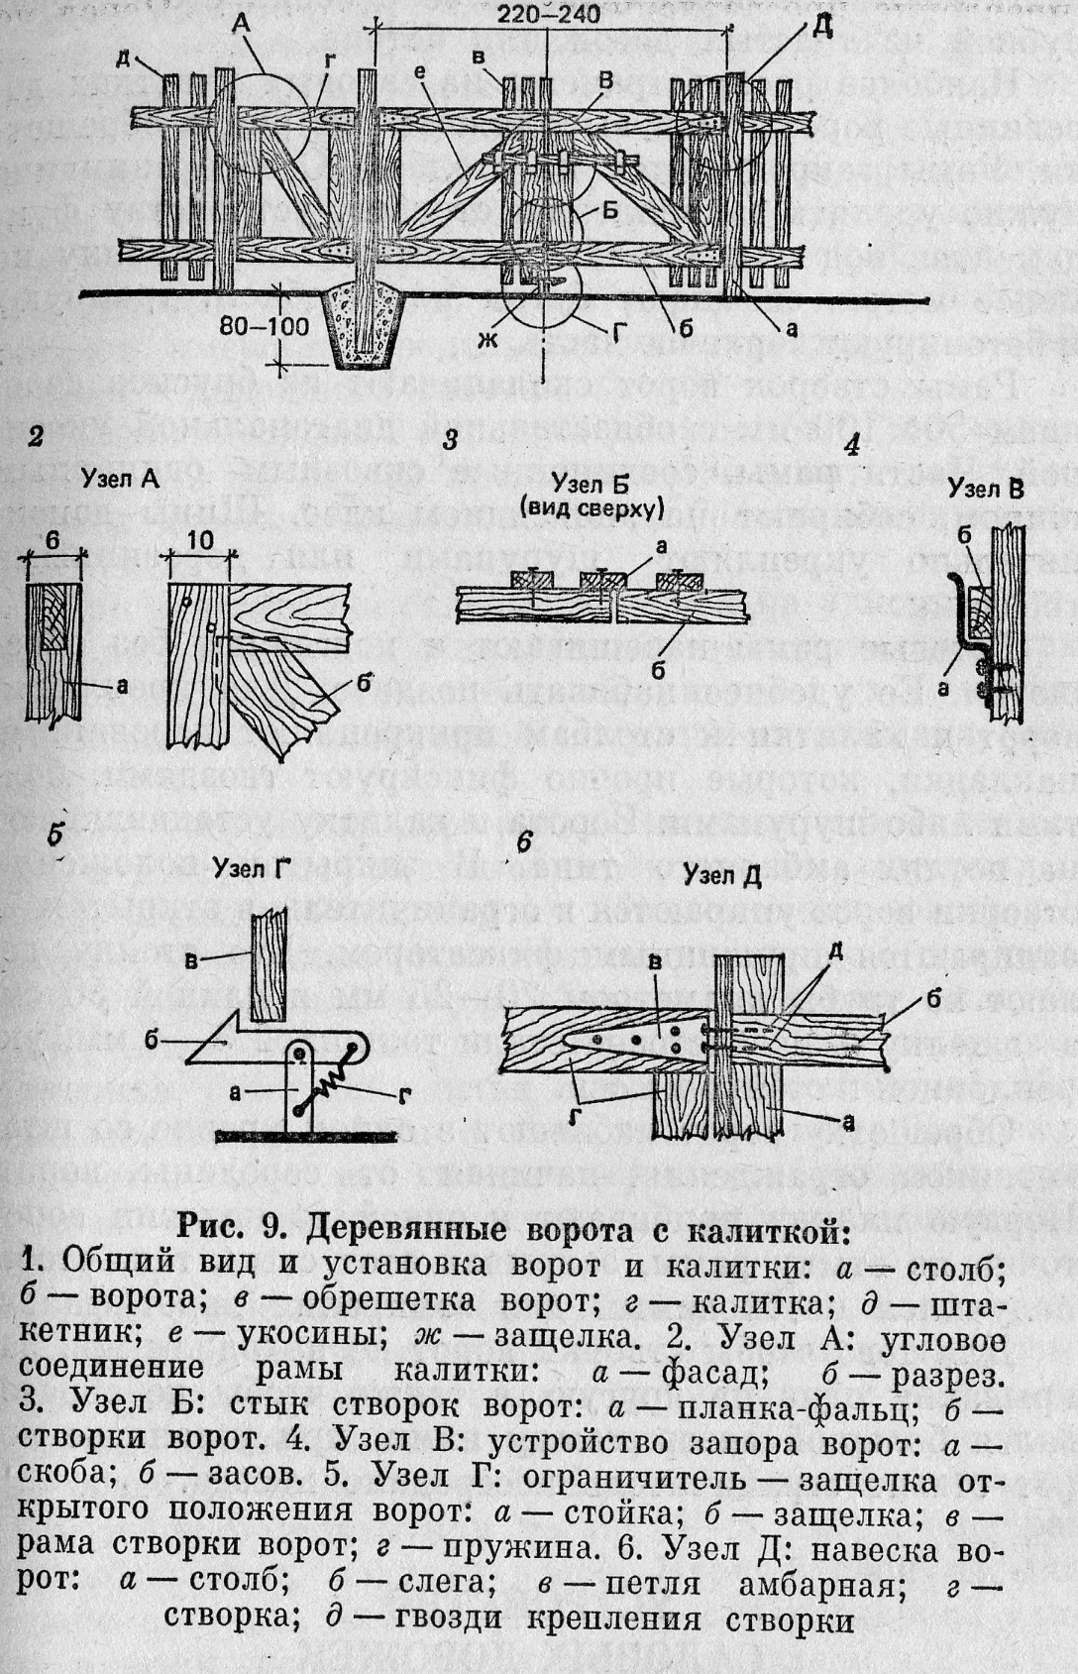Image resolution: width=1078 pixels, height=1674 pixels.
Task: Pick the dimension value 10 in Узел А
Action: click(201, 540)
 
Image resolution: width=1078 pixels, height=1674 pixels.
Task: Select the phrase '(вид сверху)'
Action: click(591, 509)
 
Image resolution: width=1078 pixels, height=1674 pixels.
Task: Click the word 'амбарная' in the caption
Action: click(819, 1586)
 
